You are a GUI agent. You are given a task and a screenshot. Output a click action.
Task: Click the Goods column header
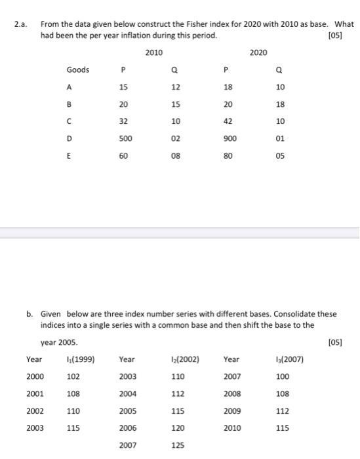pyautogui.click(x=77, y=70)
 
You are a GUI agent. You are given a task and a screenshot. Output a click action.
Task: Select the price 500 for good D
pyautogui.click(x=124, y=139)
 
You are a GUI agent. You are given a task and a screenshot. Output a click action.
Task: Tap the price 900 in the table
pyautogui.click(x=229, y=139)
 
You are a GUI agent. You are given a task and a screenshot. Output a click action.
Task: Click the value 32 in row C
pyautogui.click(x=124, y=122)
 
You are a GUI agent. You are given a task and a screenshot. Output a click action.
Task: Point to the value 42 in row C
pyautogui.click(x=229, y=122)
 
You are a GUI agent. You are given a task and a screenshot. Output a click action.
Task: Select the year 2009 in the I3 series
pyautogui.click(x=232, y=410)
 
